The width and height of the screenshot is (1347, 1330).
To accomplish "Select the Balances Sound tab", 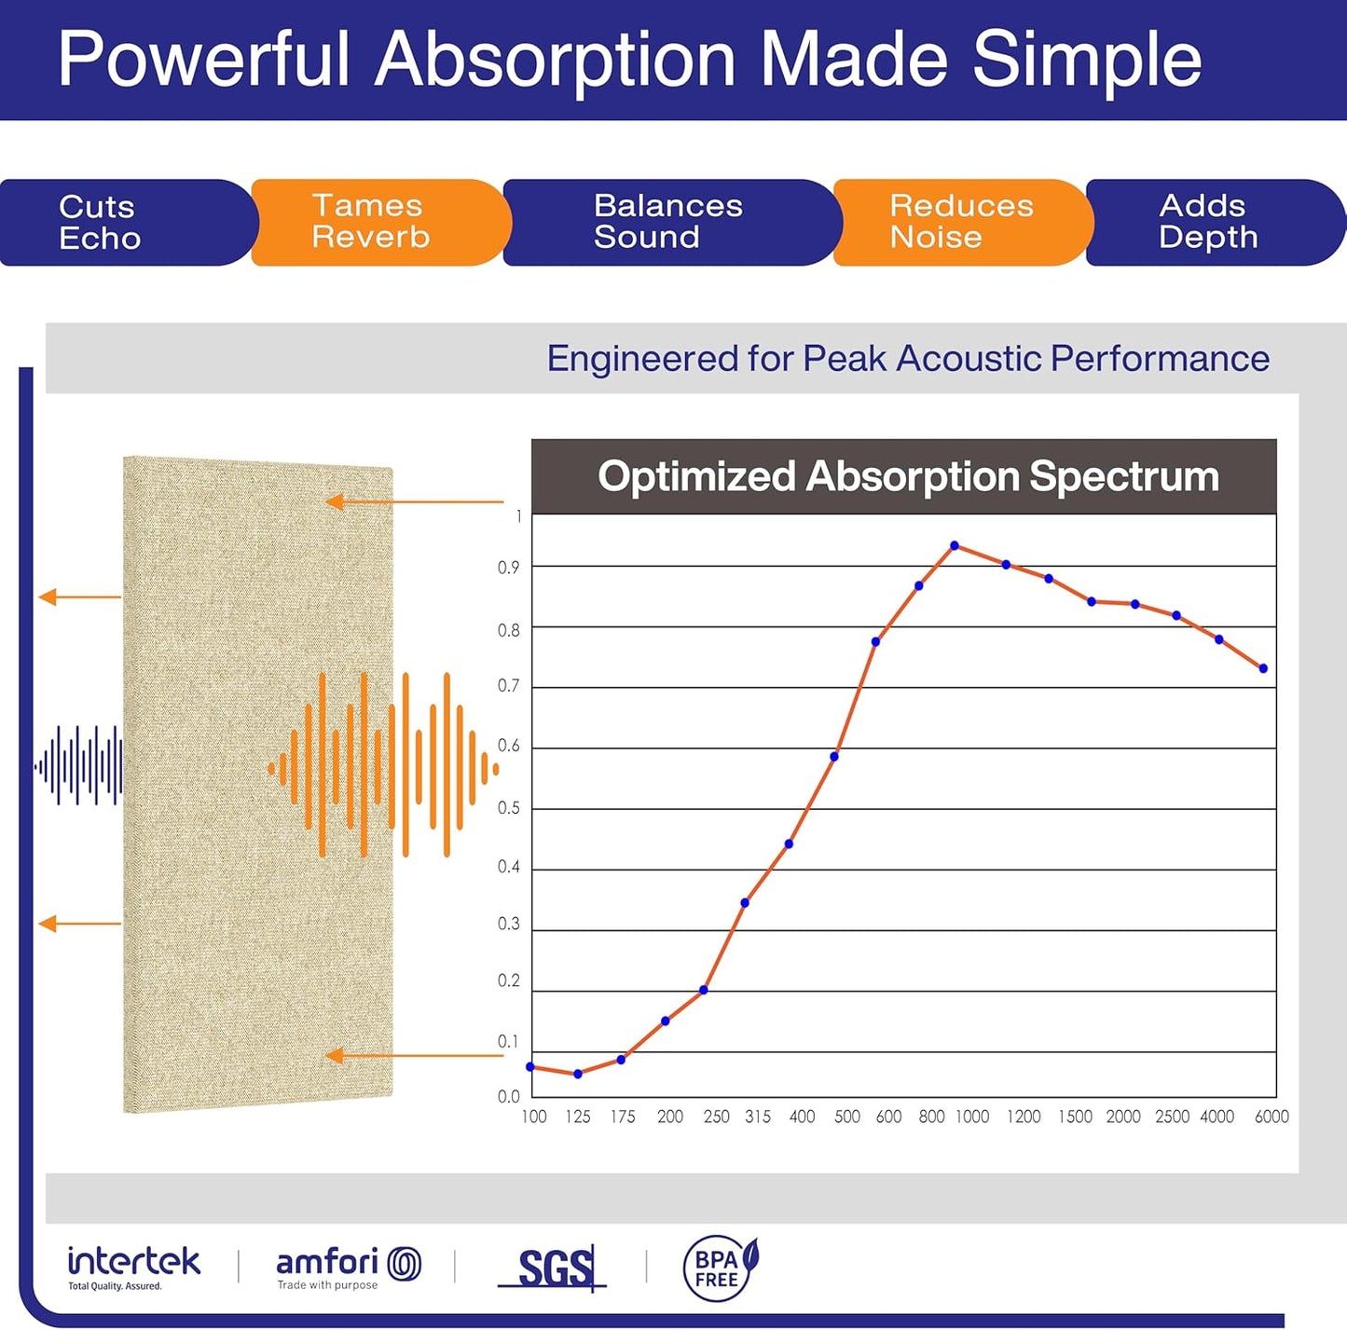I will [667, 222].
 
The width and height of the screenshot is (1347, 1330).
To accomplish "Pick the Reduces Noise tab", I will [960, 222].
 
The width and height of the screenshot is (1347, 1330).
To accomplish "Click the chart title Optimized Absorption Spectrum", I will [908, 476].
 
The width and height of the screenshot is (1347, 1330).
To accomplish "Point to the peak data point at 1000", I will [955, 545].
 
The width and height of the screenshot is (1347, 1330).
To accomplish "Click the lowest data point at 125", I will [578, 1074].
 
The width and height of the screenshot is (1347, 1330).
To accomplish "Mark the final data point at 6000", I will [1264, 668].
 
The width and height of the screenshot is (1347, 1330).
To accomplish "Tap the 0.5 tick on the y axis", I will [509, 808].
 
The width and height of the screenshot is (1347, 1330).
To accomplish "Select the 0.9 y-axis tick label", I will [509, 568].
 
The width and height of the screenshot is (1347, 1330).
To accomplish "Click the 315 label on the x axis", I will [758, 1117].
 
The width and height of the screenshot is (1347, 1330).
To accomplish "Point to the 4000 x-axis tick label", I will [1216, 1117].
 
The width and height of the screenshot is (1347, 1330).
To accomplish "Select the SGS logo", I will [554, 1268].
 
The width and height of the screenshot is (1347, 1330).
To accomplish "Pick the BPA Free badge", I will [721, 1268].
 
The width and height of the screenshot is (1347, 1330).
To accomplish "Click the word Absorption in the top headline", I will [556, 60].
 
